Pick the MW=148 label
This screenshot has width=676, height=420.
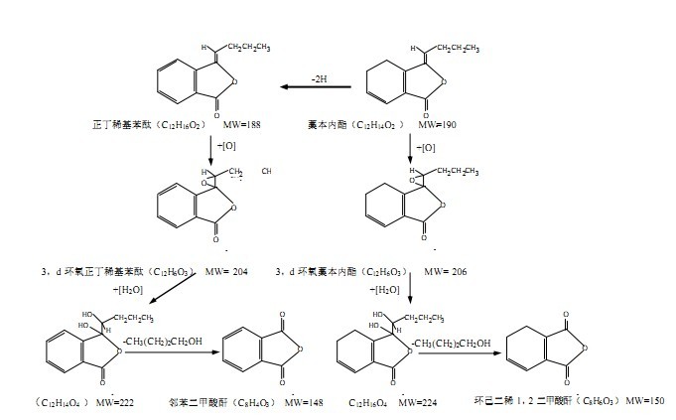point(304,403)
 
